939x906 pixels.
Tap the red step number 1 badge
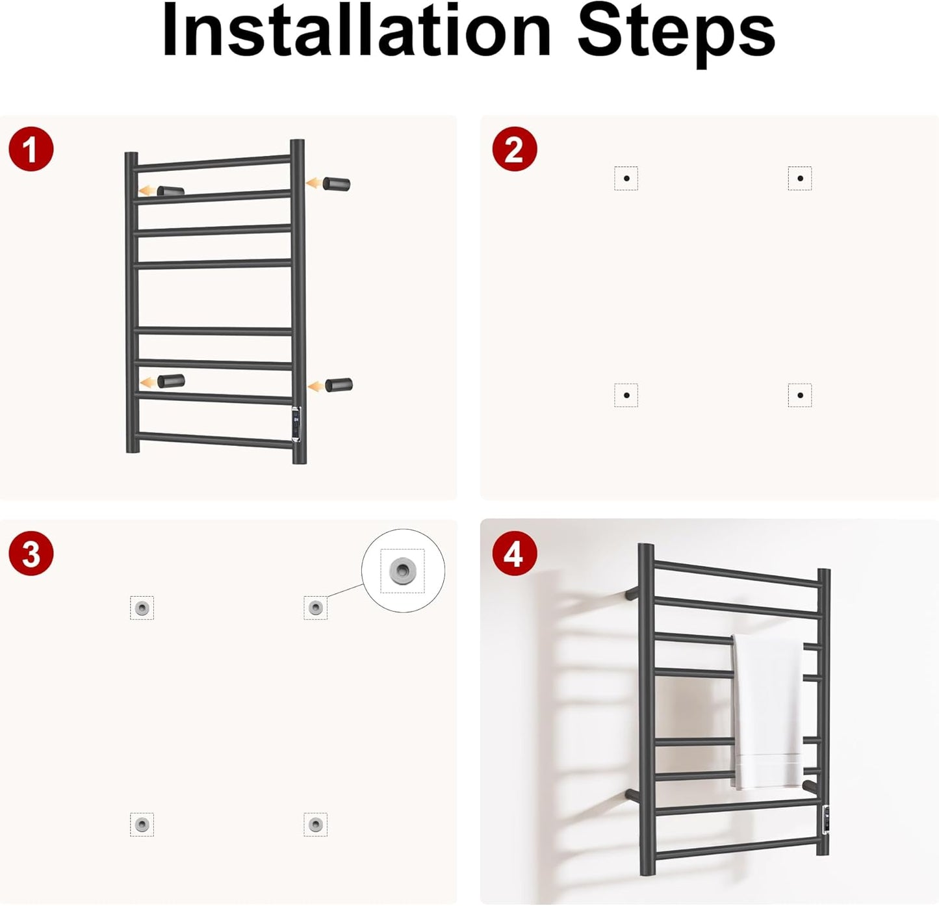(31, 149)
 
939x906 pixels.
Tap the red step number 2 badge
(515, 149)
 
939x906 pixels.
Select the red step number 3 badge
(31, 554)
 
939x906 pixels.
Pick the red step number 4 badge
(515, 554)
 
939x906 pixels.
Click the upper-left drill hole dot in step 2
(626, 178)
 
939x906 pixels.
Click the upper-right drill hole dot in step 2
(800, 178)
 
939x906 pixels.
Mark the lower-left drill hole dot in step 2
(626, 395)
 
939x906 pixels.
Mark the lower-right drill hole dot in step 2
(800, 395)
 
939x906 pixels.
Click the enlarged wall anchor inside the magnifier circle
(402, 570)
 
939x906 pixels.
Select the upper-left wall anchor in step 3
(142, 608)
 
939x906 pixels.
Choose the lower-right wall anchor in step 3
(316, 824)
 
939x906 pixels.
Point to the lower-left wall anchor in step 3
(142, 824)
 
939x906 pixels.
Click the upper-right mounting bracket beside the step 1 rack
(337, 184)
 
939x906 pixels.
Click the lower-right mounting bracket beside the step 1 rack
(339, 385)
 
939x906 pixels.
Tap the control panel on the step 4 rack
(826, 820)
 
